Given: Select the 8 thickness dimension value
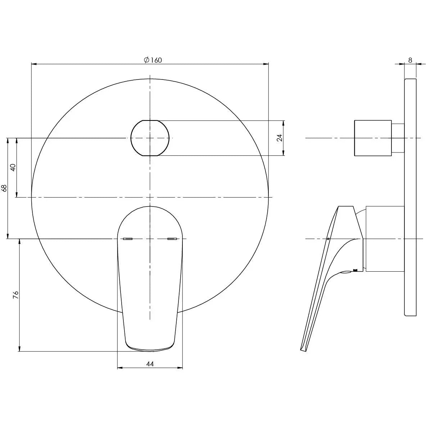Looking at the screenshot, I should tap(410, 60).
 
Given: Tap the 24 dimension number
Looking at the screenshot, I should tap(280, 138).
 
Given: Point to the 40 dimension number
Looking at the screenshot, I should tap(13, 167).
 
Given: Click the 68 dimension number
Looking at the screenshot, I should tap(4, 188).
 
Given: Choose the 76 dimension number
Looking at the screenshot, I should tap(15, 295).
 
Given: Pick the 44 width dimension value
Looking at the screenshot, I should tap(150, 364).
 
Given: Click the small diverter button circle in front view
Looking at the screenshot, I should tap(150, 138).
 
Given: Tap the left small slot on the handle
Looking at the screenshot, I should tap(128, 239).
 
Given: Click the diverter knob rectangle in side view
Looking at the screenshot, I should tap(373, 138).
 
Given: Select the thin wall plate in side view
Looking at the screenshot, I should tap(410, 197).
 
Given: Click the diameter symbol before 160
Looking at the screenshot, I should tap(146, 60).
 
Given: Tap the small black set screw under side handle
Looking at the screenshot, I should tap(356, 270).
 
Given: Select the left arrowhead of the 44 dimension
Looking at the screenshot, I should tap(120, 368).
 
